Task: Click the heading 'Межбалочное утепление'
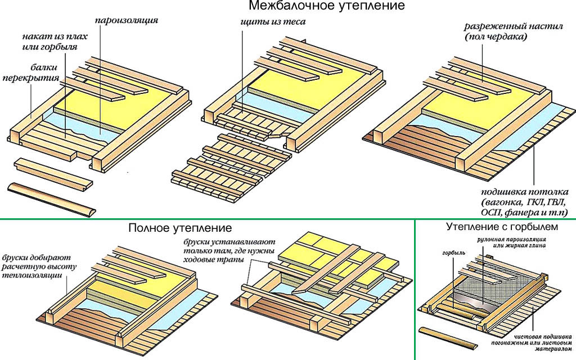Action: [x=326, y=7]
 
